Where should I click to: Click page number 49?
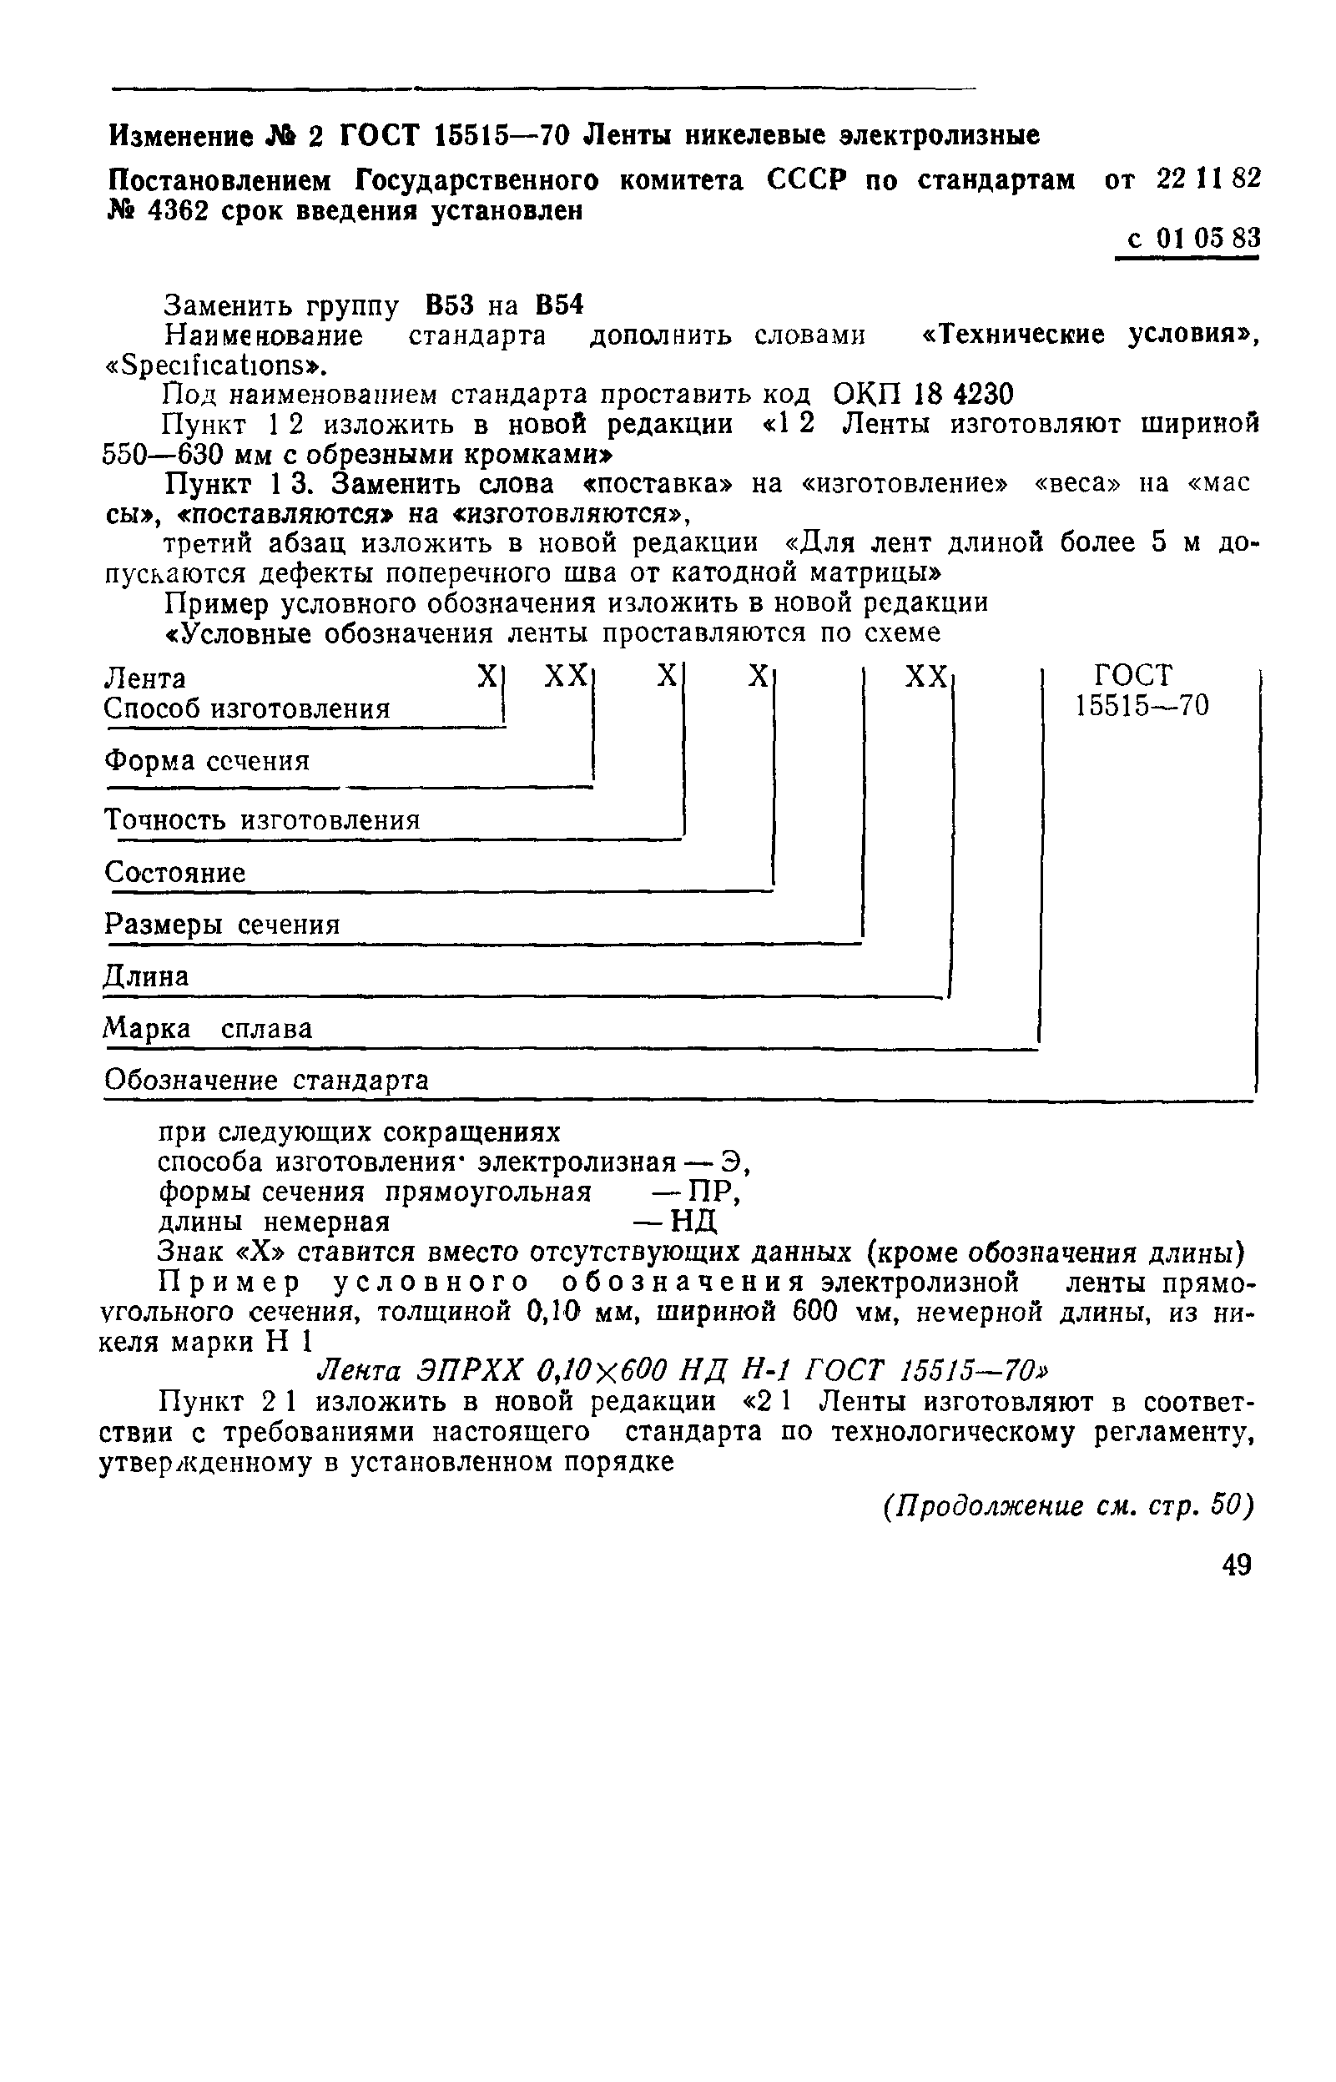1236,1565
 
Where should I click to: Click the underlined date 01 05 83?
1207,239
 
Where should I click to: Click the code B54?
559,305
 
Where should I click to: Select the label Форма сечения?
206,761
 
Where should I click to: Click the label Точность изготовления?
262,819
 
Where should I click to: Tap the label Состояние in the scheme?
175,872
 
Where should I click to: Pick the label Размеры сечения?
222,924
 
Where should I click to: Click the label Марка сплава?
209,1029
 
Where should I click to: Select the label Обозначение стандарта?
266,1081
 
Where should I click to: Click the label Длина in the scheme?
146,977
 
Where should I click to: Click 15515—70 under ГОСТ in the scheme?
1142,705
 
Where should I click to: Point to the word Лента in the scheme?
145,678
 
